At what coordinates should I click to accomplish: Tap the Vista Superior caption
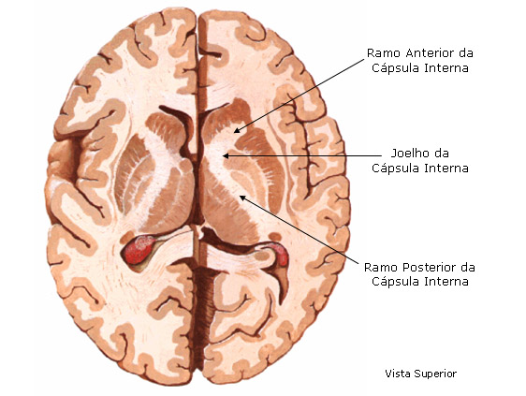point(420,374)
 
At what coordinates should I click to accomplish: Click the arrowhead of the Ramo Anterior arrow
point(236,130)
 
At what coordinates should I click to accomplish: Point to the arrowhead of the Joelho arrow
point(226,155)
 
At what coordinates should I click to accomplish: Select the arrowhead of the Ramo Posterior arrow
point(241,198)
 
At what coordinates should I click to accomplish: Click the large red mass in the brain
point(138,249)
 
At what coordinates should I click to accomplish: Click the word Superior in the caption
point(435,374)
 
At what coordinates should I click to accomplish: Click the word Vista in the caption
point(398,374)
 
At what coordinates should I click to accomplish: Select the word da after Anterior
point(465,53)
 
